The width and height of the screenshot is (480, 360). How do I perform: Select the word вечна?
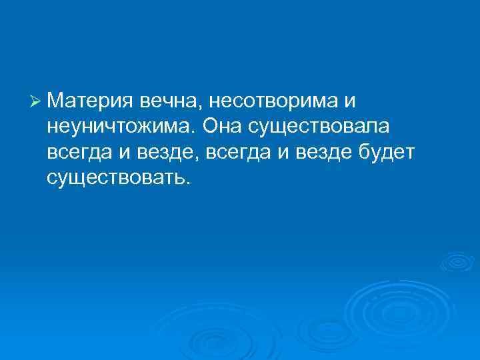tap(171, 101)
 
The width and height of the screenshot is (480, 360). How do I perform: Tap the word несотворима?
tap(274, 101)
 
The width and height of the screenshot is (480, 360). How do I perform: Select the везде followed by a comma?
tap(163, 152)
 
